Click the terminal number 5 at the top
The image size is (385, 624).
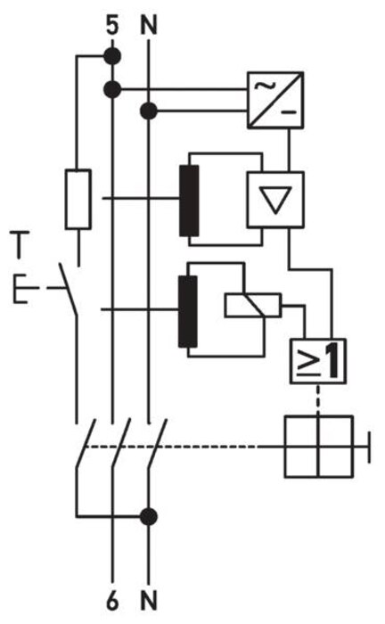[x=112, y=25]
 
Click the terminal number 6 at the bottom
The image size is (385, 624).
[x=112, y=601]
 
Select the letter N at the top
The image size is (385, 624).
[x=149, y=25]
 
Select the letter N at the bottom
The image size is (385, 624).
[x=149, y=601]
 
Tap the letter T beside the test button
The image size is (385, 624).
[x=20, y=245]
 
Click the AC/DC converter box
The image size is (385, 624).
[x=275, y=100]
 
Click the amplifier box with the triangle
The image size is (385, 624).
[x=275, y=200]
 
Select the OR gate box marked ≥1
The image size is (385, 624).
[x=317, y=361]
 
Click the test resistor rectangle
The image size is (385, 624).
[x=78, y=200]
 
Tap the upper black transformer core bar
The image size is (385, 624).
[x=189, y=201]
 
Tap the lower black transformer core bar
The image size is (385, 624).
[x=188, y=312]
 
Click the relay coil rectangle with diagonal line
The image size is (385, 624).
[x=253, y=306]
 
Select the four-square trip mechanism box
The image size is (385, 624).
[x=318, y=446]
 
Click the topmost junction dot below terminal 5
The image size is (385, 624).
[x=112, y=56]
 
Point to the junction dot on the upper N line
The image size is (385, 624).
[x=149, y=111]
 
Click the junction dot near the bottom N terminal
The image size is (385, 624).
[x=149, y=516]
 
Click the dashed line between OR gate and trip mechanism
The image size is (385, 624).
[x=318, y=399]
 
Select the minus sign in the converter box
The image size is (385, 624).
[x=290, y=112]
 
